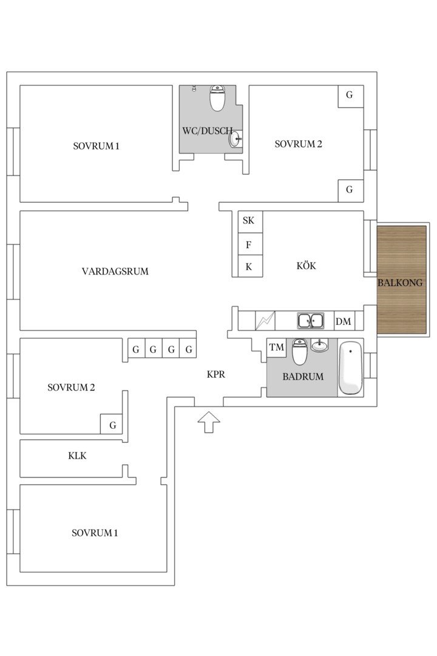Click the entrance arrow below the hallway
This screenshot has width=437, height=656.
tap(209, 422)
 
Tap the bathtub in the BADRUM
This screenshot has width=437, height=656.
tap(350, 367)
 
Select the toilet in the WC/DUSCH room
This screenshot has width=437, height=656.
tap(217, 98)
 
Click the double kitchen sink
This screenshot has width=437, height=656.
tap(310, 321)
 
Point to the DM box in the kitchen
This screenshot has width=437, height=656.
tap(344, 321)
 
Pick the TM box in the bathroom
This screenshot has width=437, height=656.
tap(276, 347)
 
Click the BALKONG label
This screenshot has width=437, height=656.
tap(400, 283)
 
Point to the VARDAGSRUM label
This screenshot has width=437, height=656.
tap(115, 272)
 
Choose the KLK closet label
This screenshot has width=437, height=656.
tap(77, 456)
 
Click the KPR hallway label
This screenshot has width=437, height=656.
tap(216, 374)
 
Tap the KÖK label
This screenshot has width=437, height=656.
tap(306, 265)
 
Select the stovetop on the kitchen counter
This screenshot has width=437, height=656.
tap(265, 321)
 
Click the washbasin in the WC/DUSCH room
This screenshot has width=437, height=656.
tap(235, 139)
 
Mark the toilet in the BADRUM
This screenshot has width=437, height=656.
tap(299, 352)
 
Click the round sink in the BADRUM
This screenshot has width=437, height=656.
tap(319, 345)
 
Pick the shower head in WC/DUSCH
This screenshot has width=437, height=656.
tap(194, 88)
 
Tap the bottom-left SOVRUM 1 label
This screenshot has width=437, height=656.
tap(95, 533)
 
